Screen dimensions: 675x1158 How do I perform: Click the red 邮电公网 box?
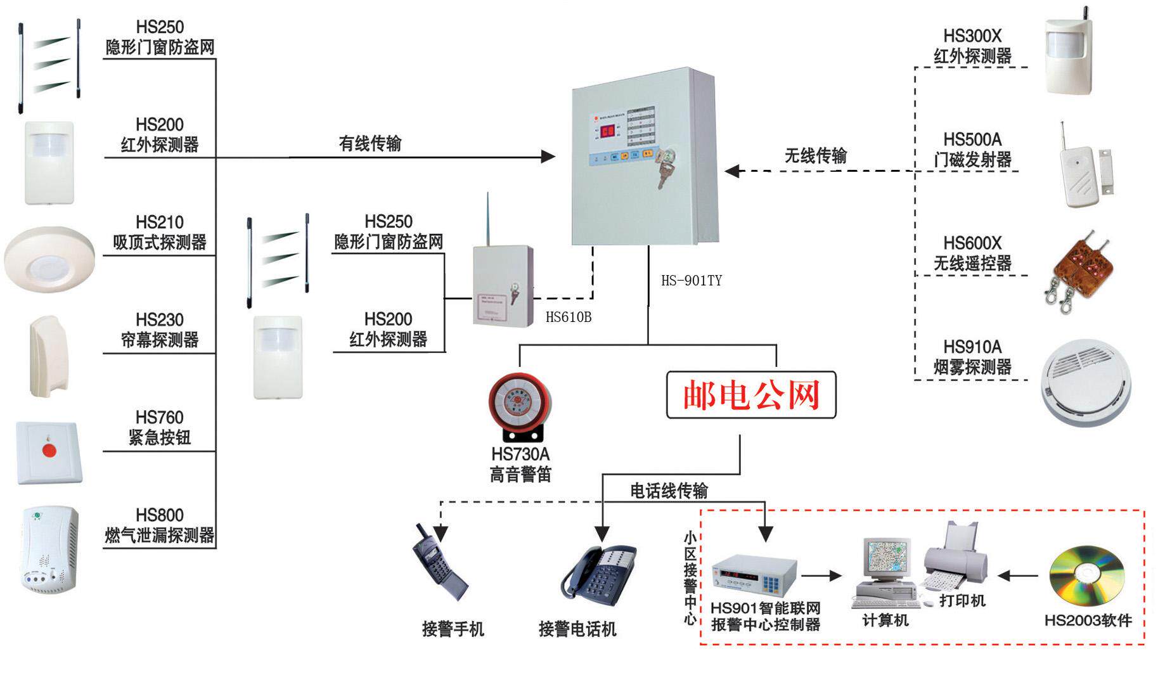751,395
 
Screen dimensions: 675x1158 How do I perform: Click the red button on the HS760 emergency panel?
49,451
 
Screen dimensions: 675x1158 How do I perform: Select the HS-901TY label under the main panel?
691,281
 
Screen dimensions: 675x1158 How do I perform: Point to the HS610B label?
569,318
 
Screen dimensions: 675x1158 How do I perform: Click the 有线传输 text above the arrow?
370,144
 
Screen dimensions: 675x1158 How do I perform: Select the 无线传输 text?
816,156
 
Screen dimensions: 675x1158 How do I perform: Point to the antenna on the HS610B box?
488,219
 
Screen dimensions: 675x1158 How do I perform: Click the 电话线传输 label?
669,491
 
